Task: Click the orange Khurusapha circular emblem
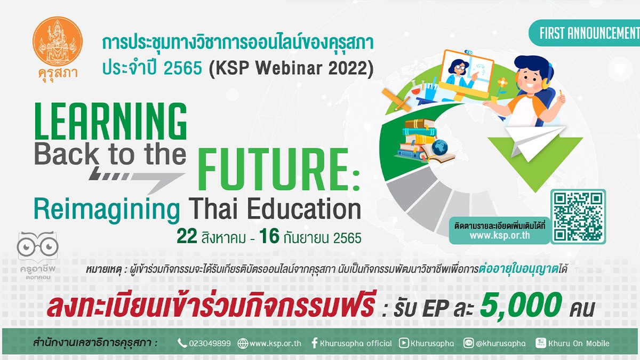click(x=58, y=41)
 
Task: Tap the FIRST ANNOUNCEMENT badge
click(x=585, y=33)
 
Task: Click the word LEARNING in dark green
click(x=110, y=121)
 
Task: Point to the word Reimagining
click(x=107, y=210)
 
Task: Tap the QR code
click(x=578, y=217)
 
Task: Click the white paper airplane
click(x=534, y=143)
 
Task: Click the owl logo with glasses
click(x=37, y=246)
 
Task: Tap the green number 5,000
click(x=521, y=305)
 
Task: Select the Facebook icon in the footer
click(x=314, y=343)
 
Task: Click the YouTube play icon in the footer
click(x=403, y=343)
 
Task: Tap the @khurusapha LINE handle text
click(x=501, y=343)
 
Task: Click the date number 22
click(x=187, y=236)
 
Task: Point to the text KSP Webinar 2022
click(x=291, y=68)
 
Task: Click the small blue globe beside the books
click(x=439, y=147)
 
